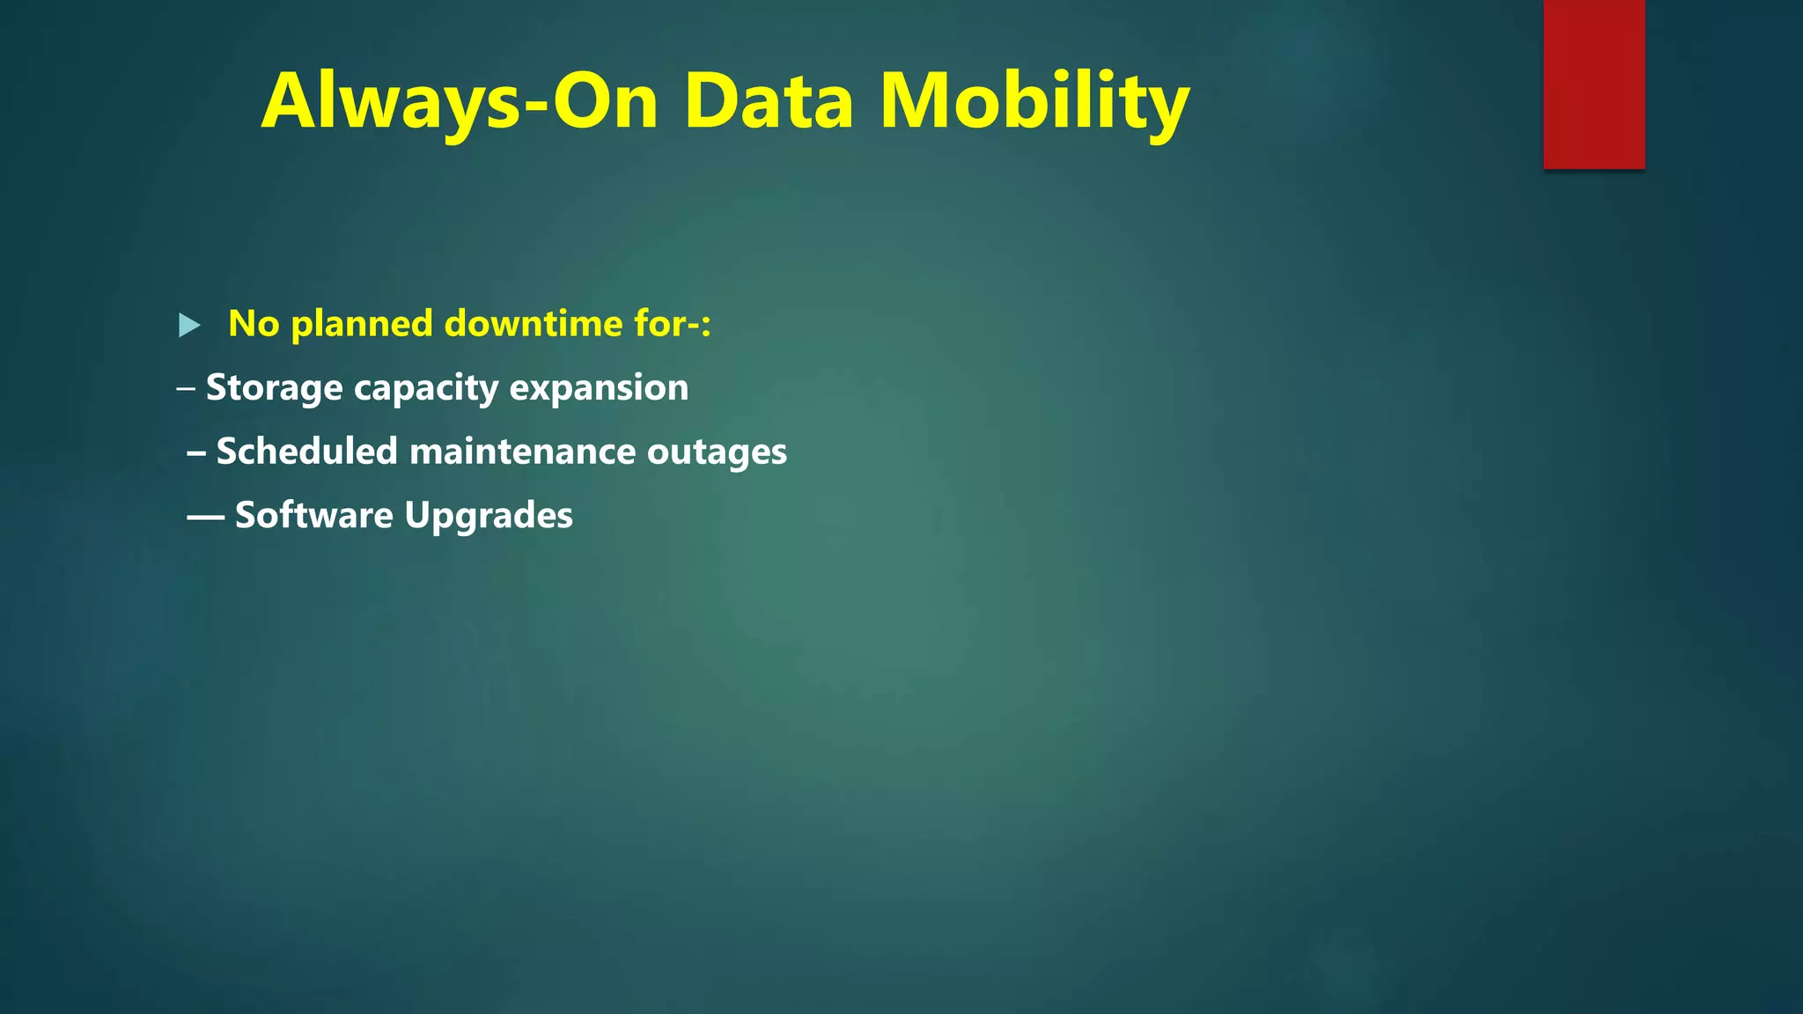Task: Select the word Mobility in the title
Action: pyautogui.click(x=1034, y=101)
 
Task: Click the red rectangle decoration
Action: pyautogui.click(x=1593, y=84)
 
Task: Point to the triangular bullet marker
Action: pyautogui.click(x=188, y=326)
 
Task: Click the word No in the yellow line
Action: pyautogui.click(x=254, y=324)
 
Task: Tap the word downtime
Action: pyautogui.click(x=534, y=324)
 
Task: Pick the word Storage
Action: pyautogui.click(x=274, y=388)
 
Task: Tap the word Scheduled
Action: pyautogui.click(x=307, y=452)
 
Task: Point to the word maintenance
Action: pyautogui.click(x=522, y=452)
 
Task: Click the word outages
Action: pyautogui.click(x=717, y=452)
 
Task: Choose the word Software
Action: pyautogui.click(x=313, y=515)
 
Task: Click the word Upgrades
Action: pyautogui.click(x=489, y=515)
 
